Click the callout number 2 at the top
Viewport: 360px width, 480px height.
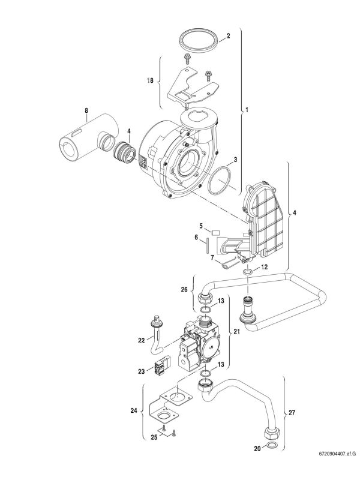point(228,36)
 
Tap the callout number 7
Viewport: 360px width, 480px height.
point(212,257)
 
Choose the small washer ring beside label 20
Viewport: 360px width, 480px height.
point(271,447)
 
